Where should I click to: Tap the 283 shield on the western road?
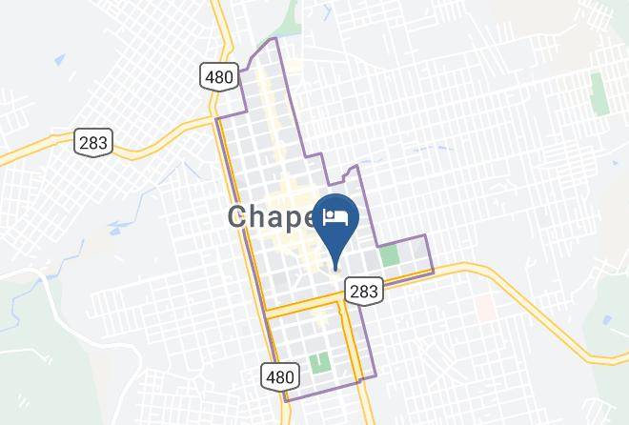(94, 143)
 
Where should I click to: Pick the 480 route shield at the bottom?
(279, 376)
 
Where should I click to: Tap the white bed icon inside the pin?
(335, 216)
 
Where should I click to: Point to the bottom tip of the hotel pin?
(335, 268)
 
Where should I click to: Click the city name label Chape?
(272, 217)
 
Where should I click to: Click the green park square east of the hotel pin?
(389, 255)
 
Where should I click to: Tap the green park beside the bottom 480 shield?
(319, 364)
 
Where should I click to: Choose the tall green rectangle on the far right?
(599, 93)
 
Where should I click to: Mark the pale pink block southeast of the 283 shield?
(485, 306)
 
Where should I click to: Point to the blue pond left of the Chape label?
(121, 227)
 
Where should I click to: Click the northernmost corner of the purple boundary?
(275, 38)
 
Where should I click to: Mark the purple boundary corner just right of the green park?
(426, 235)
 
